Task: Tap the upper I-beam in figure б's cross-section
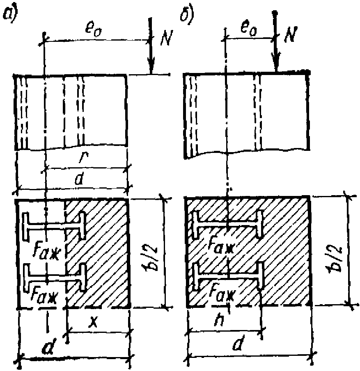pos(228,225)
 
